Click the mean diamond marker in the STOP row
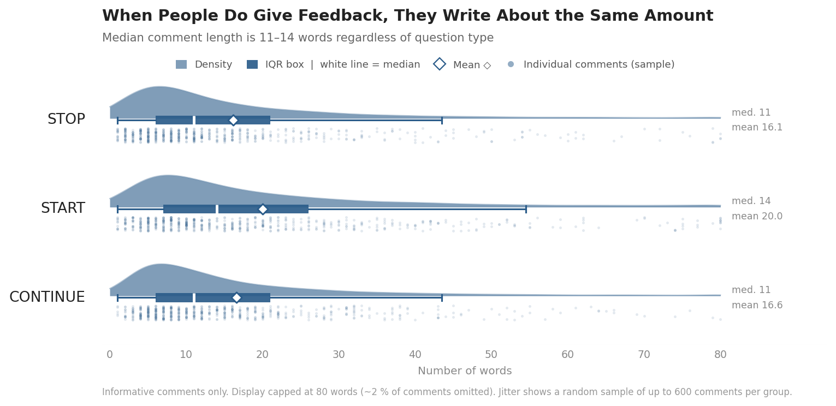[x=233, y=120]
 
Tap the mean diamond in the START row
[x=263, y=209]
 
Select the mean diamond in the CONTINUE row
[x=236, y=297]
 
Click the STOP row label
[x=66, y=120]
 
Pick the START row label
[x=63, y=208]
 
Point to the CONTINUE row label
[x=47, y=297]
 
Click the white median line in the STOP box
[x=194, y=120]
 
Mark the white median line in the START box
[x=217, y=209]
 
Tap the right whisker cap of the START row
[x=526, y=209]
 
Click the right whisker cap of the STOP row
[x=442, y=120]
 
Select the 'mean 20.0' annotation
[x=757, y=217]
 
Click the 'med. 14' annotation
[x=751, y=201]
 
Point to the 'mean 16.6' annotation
[x=757, y=306]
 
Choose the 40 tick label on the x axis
[x=415, y=355]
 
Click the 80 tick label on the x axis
[x=720, y=355]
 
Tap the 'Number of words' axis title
[x=465, y=371]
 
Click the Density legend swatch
[x=181, y=64]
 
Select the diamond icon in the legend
[x=440, y=64]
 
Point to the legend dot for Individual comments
[x=511, y=64]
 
